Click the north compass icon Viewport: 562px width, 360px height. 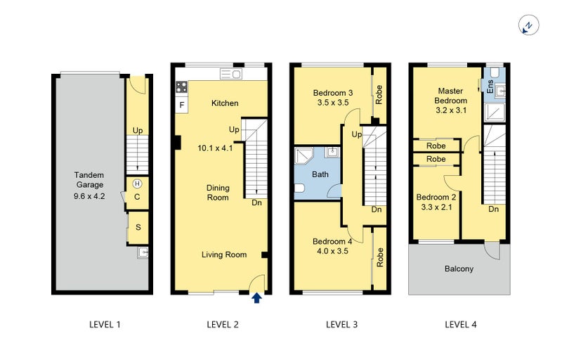[x=529, y=25]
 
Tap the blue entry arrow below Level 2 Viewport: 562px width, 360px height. [x=256, y=298]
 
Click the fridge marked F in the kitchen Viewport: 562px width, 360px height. [x=182, y=105]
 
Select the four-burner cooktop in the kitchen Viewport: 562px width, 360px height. [x=181, y=87]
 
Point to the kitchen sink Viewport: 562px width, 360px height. [x=231, y=75]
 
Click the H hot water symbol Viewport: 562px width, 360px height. [x=137, y=184]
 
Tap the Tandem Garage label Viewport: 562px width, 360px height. [x=89, y=180]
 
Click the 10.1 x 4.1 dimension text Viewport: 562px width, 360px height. [x=215, y=148]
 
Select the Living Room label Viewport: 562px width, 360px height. [x=224, y=255]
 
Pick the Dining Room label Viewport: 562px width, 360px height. [x=218, y=193]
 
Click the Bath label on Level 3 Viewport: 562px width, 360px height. [x=320, y=174]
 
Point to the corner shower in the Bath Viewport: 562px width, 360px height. [x=303, y=155]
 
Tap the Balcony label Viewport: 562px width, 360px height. [x=459, y=269]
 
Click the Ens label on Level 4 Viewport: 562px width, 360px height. [x=490, y=86]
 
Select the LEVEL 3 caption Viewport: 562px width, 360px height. [x=341, y=325]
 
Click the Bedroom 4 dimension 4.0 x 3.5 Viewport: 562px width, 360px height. [x=332, y=251]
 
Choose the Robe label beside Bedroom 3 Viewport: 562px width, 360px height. [x=379, y=95]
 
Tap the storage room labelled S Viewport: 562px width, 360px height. [x=138, y=228]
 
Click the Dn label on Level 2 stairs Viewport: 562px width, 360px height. [x=256, y=202]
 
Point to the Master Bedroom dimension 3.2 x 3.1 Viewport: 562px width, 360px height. [x=451, y=110]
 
